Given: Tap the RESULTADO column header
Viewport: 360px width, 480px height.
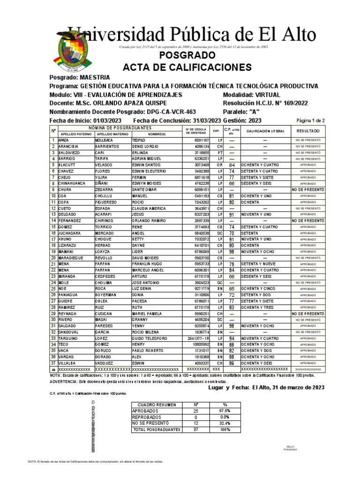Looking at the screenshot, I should click(307, 131).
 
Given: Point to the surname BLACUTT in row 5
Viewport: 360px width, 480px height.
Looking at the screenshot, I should click(67, 165).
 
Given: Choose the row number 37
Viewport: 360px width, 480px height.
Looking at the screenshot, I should click(53, 363).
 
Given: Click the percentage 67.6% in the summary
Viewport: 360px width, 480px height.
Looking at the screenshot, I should click(225, 411).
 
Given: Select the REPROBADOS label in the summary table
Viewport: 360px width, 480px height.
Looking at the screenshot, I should click(147, 417).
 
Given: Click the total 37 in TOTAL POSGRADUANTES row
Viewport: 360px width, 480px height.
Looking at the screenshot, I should click(196, 429).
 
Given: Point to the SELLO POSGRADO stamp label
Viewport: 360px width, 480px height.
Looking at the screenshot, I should click(290, 448).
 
